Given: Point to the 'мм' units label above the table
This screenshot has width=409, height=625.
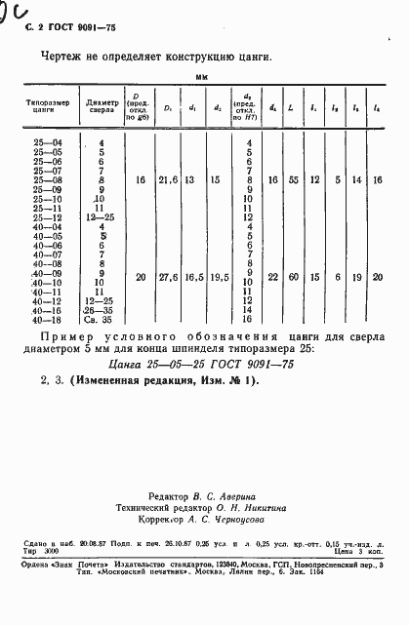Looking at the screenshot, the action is pyautogui.click(x=202, y=75).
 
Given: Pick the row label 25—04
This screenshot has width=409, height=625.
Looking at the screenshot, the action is pyautogui.click(x=46, y=143).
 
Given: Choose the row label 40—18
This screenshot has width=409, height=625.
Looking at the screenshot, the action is pyautogui.click(x=46, y=319).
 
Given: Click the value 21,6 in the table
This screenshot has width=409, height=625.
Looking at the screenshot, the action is pyautogui.click(x=168, y=180).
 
